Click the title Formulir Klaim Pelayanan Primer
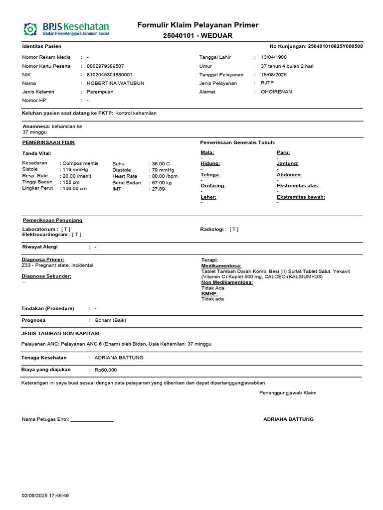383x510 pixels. [x=198, y=25]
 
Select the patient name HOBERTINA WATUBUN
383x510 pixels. [x=115, y=83]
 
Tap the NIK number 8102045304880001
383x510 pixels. [x=109, y=75]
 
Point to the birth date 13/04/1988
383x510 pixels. [x=274, y=57]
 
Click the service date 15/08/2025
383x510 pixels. [x=274, y=75]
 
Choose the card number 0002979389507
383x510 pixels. [x=105, y=66]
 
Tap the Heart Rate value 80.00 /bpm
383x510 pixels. [x=165, y=176]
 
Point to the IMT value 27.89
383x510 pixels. [x=158, y=189]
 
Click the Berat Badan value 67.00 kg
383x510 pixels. [x=162, y=183]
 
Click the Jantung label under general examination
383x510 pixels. [x=288, y=163]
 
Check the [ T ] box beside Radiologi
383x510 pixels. [x=234, y=230]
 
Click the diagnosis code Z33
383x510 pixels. [x=27, y=265]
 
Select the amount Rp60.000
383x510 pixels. [x=105, y=370]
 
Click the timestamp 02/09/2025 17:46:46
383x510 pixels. [x=45, y=496]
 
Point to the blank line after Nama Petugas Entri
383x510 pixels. [x=92, y=419]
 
